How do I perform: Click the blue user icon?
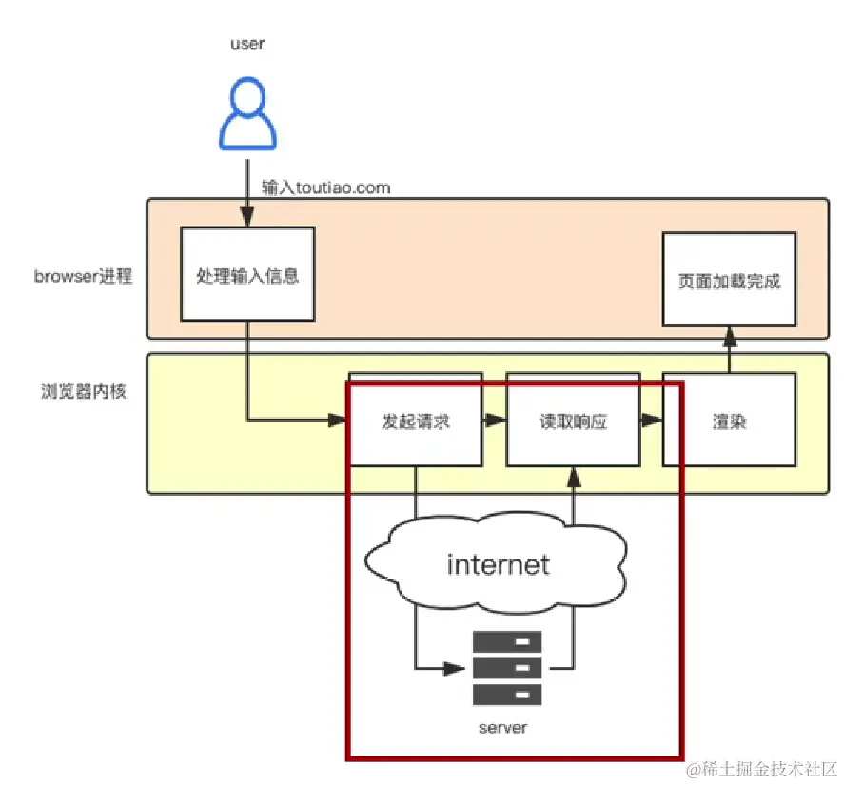click(248, 115)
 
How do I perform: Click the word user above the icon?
click(247, 44)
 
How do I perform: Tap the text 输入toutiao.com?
click(326, 187)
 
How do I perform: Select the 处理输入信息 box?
click(247, 276)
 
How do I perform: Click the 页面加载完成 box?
click(730, 282)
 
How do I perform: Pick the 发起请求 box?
click(415, 422)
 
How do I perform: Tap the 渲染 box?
click(729, 422)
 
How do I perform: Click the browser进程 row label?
click(84, 277)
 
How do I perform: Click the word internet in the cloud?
click(498, 564)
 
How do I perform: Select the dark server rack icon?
click(507, 667)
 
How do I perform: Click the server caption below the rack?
click(502, 728)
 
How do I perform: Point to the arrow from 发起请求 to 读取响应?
click(494, 419)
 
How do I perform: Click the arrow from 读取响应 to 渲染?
click(650, 419)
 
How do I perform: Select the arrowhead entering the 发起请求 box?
click(339, 419)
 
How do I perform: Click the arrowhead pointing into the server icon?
click(460, 666)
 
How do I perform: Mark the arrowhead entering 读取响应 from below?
click(573, 473)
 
